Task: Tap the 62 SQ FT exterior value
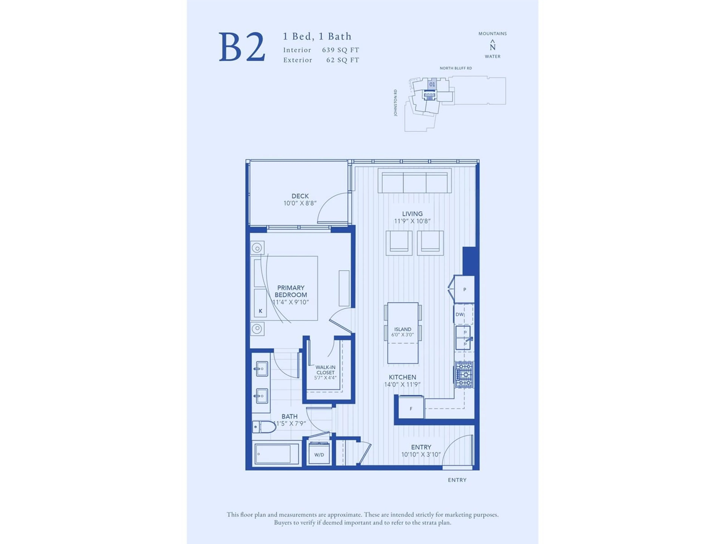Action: coord(343,60)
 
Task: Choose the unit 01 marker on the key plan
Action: coord(432,84)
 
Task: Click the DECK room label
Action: coord(300,196)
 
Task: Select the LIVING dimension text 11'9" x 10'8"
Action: coord(412,221)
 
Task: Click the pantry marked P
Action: coord(464,289)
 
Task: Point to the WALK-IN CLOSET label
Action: coord(325,370)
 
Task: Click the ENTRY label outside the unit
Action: coord(457,480)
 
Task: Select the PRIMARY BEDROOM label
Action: coord(291,291)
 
